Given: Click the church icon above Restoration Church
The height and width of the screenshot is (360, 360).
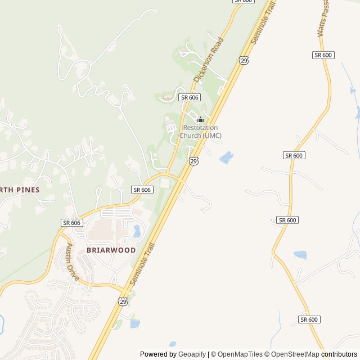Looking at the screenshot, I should [200, 119].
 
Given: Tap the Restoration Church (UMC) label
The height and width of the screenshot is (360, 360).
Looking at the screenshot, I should [200, 132].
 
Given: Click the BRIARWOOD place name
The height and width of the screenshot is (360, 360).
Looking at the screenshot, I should [111, 250].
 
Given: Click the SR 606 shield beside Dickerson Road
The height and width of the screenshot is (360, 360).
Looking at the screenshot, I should [190, 97].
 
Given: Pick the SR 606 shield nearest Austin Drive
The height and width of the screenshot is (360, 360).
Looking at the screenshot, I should [73, 223].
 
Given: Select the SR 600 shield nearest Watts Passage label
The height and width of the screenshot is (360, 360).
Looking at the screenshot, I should [323, 55].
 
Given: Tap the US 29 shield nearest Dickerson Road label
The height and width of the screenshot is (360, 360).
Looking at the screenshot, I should [244, 60].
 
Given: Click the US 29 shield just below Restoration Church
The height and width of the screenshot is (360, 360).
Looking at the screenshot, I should [193, 161].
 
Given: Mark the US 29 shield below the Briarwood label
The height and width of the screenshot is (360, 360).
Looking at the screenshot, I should [123, 301].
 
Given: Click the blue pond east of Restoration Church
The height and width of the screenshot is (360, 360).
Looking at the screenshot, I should [226, 157].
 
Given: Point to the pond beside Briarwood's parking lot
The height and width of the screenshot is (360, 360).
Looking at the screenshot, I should [137, 231].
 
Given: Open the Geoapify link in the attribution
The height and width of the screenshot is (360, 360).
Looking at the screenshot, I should [192, 354].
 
